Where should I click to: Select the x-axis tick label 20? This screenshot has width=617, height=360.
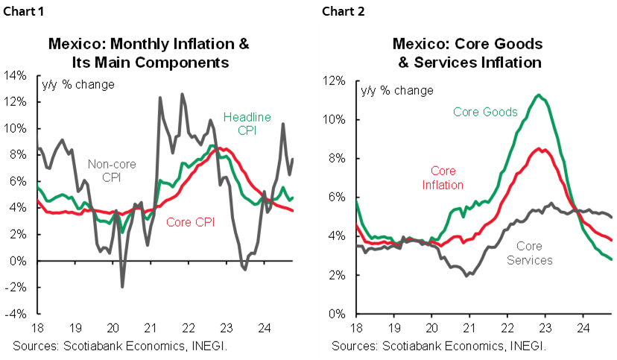pyautogui.click(x=431, y=326)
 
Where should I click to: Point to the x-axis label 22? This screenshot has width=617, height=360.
pyautogui.click(x=507, y=326)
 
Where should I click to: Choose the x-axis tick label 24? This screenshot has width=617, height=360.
pyautogui.click(x=582, y=326)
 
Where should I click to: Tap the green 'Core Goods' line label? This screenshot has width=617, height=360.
pyautogui.click(x=485, y=112)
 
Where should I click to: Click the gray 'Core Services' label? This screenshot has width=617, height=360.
pyautogui.click(x=530, y=253)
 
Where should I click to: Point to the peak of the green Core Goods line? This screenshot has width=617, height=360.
pyautogui.click(x=538, y=95)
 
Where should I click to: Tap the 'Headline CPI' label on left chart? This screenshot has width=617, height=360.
pyautogui.click(x=247, y=124)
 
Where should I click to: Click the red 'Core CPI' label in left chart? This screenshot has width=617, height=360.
pyautogui.click(x=190, y=221)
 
